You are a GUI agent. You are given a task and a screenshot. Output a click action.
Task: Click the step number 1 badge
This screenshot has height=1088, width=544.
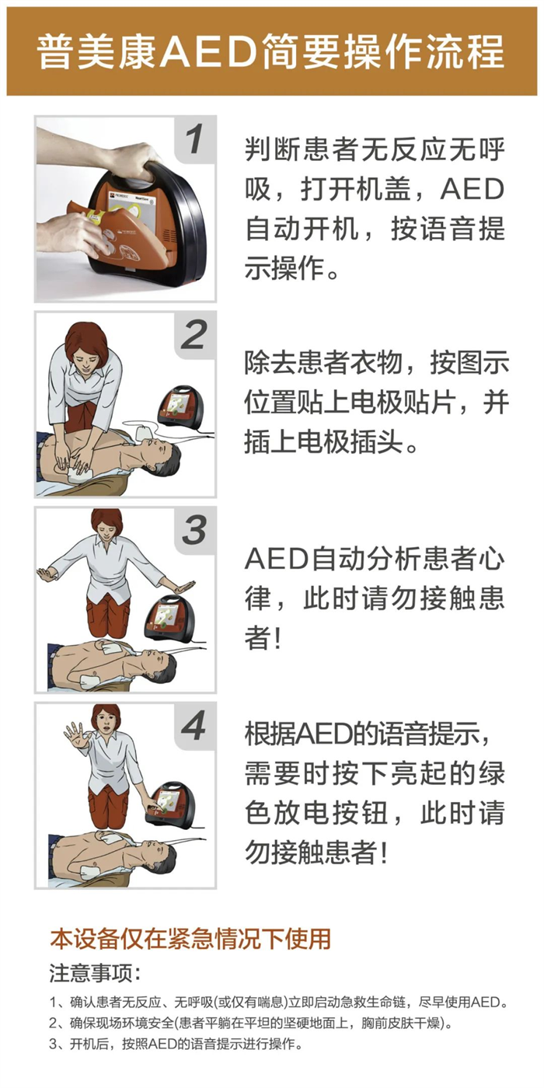point(195,140)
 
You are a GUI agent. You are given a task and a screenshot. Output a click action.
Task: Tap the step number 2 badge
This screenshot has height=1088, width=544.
point(195,336)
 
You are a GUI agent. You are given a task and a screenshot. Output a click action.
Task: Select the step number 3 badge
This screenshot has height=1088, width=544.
point(195,531)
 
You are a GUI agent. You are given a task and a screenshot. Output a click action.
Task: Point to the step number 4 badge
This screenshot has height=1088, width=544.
point(195,727)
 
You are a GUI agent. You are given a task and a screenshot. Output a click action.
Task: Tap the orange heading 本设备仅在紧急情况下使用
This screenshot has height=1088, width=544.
point(190,938)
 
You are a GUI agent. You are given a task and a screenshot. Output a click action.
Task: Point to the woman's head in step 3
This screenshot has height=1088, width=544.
point(106,526)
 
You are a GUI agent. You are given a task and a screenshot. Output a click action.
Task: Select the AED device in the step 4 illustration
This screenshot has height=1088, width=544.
point(173,804)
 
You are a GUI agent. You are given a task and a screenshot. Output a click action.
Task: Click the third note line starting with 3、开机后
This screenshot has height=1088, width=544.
point(176,1044)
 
